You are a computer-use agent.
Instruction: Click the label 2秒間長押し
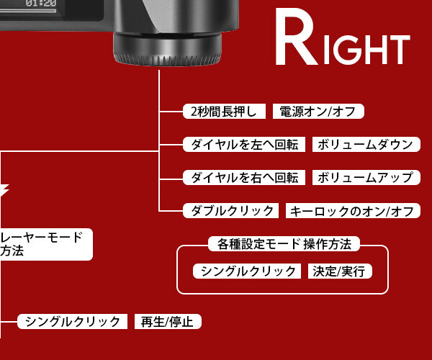pyautogui.click(x=225, y=111)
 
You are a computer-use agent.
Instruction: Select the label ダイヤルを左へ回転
pyautogui.click(x=246, y=144)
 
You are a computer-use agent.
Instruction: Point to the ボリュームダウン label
pyautogui.click(x=365, y=144)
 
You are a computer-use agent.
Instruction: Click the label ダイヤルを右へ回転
pyautogui.click(x=246, y=177)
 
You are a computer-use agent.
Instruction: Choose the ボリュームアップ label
pyautogui.click(x=365, y=177)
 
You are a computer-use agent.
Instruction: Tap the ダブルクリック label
pyautogui.click(x=230, y=211)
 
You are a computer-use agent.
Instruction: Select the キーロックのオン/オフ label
pyautogui.click(x=352, y=211)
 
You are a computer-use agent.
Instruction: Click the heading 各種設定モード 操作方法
pyautogui.click(x=283, y=244)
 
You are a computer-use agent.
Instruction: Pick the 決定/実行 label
pyautogui.click(x=339, y=271)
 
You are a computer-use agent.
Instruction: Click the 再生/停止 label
pyautogui.click(x=168, y=322)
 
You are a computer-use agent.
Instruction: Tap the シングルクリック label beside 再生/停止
pyautogui.click(x=72, y=322)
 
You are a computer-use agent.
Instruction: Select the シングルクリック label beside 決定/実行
pyautogui.click(x=247, y=271)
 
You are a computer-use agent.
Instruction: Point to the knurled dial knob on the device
pyautogui.click(x=166, y=51)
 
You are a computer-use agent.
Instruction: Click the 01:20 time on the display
pyautogui.click(x=41, y=4)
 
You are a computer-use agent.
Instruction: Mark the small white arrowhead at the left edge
pyautogui.click(x=4, y=191)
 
